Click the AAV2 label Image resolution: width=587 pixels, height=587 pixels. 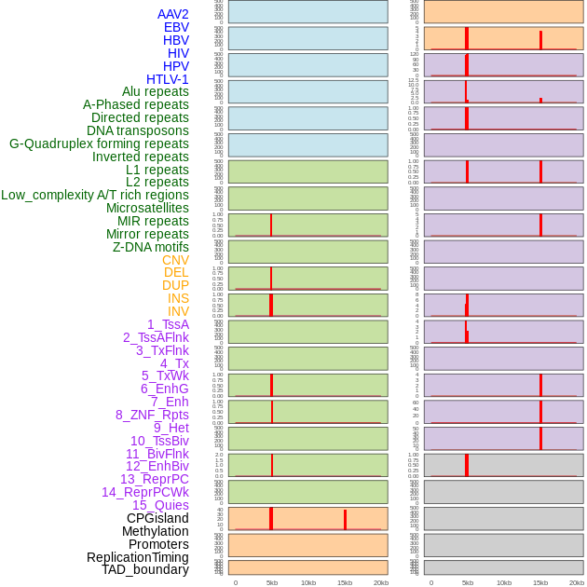click(172, 14)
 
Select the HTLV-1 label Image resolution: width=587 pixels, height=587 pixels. click(167, 79)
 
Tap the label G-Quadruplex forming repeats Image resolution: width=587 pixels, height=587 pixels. click(99, 143)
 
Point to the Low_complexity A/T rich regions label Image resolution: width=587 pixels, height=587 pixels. click(95, 195)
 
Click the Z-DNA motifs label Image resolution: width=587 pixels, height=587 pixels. click(151, 247)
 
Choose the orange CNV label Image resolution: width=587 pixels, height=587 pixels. click(175, 260)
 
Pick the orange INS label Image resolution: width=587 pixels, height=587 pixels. click(178, 298)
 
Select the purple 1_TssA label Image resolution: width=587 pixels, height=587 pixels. click(168, 324)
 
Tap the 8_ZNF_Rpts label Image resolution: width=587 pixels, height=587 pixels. click(152, 415)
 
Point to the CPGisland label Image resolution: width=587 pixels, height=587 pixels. click(157, 518)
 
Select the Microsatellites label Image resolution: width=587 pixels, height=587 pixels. click(147, 208)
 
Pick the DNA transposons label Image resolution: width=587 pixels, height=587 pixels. click(138, 130)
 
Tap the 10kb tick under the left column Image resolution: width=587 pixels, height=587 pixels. click(308, 582)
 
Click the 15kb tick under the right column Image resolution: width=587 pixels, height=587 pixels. click(540, 582)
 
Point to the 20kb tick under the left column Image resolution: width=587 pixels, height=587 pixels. click(381, 582)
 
